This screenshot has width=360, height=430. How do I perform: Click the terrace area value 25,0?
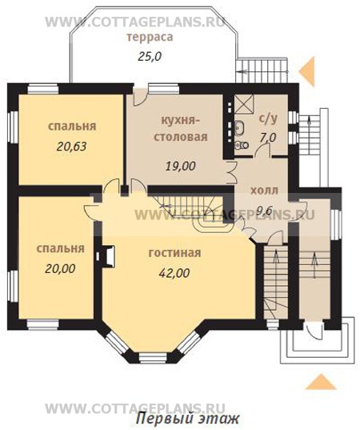[150, 57]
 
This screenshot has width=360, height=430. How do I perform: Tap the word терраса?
[150, 38]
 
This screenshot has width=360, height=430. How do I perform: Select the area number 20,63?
[71, 147]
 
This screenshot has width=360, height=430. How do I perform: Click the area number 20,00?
[60, 269]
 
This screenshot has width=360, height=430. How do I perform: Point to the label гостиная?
[174, 252]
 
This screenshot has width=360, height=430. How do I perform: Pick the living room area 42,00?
[174, 273]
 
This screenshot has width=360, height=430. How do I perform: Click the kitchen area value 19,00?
[181, 166]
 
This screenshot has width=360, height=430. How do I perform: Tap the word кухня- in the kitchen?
[178, 120]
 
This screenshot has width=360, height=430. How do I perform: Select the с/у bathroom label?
[269, 119]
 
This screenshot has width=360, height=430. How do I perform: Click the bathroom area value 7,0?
[268, 137]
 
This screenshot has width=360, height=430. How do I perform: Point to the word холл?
[264, 190]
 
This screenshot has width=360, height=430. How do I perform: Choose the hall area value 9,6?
[264, 211]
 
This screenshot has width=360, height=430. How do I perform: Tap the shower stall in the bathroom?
[243, 103]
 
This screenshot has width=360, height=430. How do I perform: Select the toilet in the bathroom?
[242, 144]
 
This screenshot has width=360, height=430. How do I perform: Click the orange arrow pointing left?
[307, 72]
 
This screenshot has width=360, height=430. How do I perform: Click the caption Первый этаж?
[188, 419]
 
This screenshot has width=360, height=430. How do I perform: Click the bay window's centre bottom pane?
[153, 357]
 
